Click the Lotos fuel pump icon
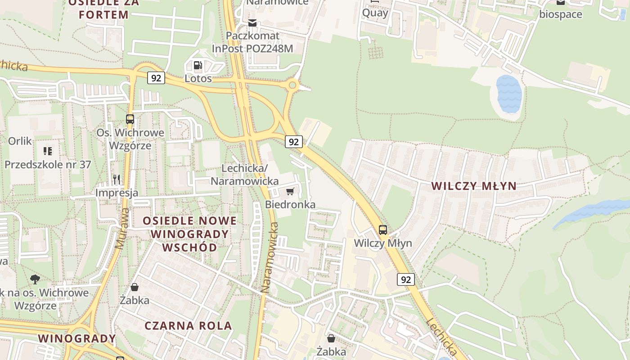(198, 66)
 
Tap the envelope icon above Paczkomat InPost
(253, 22)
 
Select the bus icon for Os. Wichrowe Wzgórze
(130, 119)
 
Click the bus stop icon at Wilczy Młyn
(383, 230)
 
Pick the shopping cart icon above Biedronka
(290, 192)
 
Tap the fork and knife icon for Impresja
(117, 180)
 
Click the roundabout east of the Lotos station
(293, 85)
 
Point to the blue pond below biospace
(509, 94)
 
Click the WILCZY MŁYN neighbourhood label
(473, 186)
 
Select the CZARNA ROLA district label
(188, 326)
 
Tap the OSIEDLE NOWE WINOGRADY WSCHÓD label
(189, 234)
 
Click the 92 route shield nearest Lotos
(156, 78)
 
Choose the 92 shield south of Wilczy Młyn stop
(406, 279)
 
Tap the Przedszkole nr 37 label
(48, 165)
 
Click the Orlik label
(20, 141)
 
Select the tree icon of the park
(35, 279)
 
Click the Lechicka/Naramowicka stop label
(244, 175)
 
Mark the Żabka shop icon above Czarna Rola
(135, 287)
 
